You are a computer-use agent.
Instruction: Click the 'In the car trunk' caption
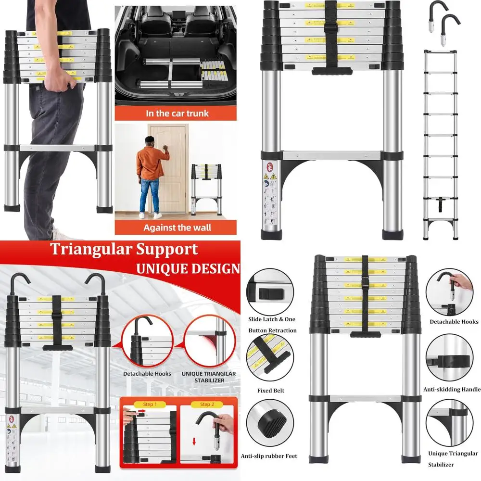(x=177, y=114)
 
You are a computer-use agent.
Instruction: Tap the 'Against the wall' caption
(x=177, y=227)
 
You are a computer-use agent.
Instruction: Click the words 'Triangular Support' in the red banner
(x=124, y=249)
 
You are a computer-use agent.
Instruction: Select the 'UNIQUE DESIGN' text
(x=187, y=268)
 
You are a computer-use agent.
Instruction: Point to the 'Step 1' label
(x=149, y=404)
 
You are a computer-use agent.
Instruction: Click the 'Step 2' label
(x=208, y=404)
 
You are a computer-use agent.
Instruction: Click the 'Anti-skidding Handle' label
(x=452, y=389)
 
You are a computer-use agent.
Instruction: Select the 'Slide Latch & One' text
(x=272, y=319)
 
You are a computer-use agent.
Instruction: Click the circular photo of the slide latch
(x=269, y=292)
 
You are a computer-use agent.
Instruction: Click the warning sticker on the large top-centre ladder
(x=270, y=192)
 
